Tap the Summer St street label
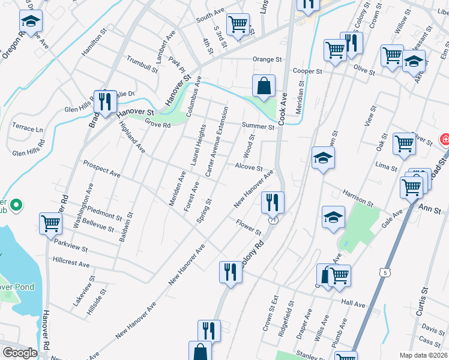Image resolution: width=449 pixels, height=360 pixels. pos(258,126)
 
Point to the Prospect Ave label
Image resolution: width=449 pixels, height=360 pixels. pos(101,169)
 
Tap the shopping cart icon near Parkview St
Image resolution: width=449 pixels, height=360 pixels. pos(51,223)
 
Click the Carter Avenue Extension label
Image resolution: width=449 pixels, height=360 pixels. pos(217,142)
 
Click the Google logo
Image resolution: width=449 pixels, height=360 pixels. pos(20,353)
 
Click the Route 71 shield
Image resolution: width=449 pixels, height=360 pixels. pos(274,221)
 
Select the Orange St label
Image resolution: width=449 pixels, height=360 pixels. pos(267,59)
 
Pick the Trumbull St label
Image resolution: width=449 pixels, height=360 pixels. pos(142,65)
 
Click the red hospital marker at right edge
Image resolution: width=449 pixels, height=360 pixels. pos(445,140)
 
